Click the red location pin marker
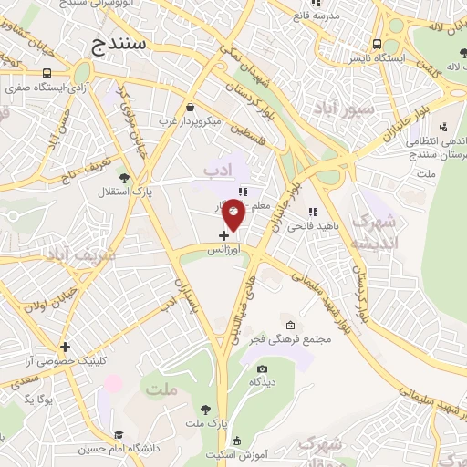coord(234,216)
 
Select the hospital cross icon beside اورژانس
coord(224,234)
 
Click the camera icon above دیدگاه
coord(263,369)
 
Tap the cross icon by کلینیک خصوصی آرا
coord(65,347)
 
